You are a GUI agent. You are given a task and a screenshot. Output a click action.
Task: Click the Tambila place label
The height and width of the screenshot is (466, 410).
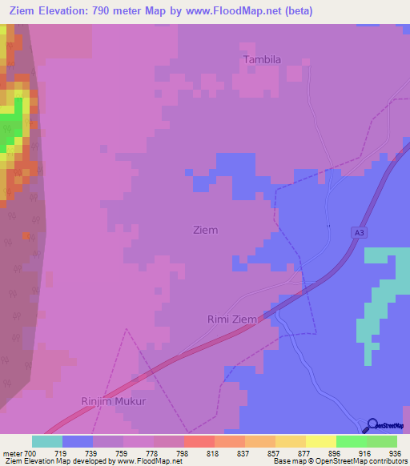[263, 59]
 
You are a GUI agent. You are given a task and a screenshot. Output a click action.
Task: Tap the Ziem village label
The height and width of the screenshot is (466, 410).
[205, 230]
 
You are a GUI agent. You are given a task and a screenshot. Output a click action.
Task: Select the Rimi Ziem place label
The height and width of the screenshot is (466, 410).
[232, 319]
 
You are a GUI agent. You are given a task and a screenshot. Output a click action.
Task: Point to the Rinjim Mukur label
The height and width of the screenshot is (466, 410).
[114, 401]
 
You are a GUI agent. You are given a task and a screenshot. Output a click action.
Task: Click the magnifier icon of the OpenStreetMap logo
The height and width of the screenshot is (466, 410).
[372, 426]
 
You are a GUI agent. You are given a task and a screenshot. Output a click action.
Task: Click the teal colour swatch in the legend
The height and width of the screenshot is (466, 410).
[47, 441]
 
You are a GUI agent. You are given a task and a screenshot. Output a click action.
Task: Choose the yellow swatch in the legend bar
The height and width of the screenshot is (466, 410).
[321, 441]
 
